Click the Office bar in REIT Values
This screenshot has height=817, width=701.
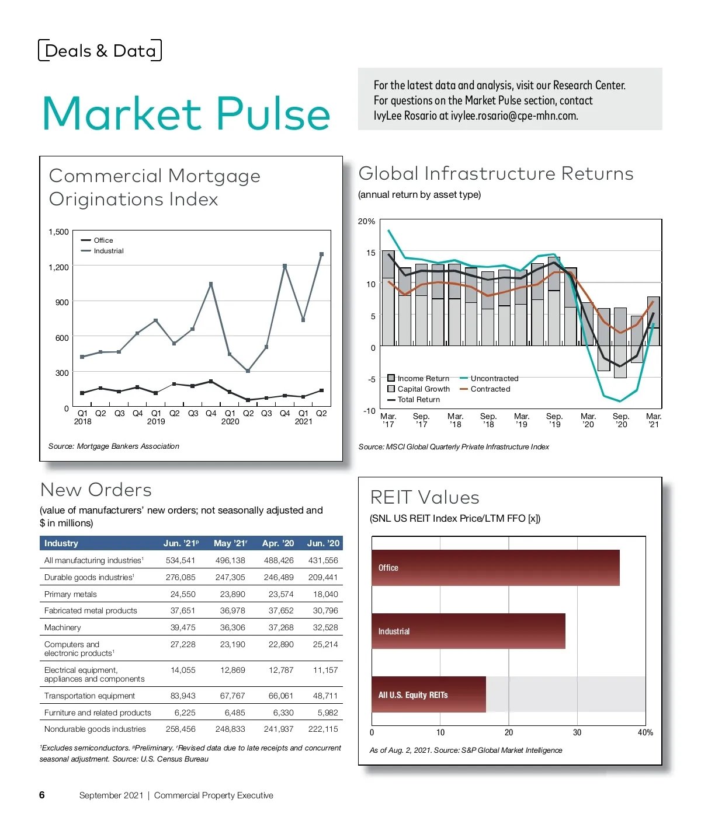(x=495, y=568)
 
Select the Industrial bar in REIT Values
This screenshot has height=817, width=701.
(x=468, y=631)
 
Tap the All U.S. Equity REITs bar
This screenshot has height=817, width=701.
(x=428, y=694)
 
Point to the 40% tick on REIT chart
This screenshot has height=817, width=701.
(x=646, y=732)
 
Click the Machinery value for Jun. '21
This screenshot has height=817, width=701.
(x=183, y=627)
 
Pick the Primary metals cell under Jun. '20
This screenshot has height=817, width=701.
(x=325, y=594)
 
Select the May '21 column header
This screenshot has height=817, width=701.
(x=230, y=543)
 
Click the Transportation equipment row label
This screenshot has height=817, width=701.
(x=89, y=696)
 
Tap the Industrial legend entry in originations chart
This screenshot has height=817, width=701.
(x=108, y=251)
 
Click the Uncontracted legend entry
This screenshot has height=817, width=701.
(x=494, y=379)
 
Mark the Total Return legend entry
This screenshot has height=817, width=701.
(x=418, y=400)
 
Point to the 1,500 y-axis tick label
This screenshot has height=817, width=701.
(x=59, y=232)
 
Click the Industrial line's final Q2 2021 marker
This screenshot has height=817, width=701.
(x=321, y=254)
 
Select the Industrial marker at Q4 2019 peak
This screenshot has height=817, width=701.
(x=211, y=284)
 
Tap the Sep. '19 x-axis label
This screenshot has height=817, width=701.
(x=554, y=420)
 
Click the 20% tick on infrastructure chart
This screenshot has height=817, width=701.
(x=366, y=222)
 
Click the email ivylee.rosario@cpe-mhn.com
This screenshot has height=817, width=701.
(x=514, y=116)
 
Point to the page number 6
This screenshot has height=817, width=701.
(x=41, y=795)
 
